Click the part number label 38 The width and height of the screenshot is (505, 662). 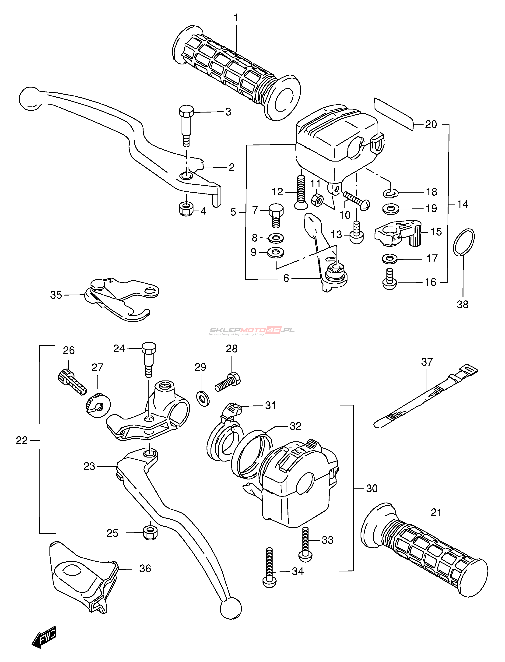tap(462, 305)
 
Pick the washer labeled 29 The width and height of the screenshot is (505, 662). tap(203, 399)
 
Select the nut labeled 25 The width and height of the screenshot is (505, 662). tap(150, 533)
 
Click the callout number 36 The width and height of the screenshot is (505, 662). tap(145, 568)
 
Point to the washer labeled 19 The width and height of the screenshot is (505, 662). tap(391, 209)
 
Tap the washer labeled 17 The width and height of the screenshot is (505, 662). tap(389, 258)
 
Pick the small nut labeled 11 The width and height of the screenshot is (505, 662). tap(317, 200)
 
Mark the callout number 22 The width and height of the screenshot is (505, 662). tap(22, 440)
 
